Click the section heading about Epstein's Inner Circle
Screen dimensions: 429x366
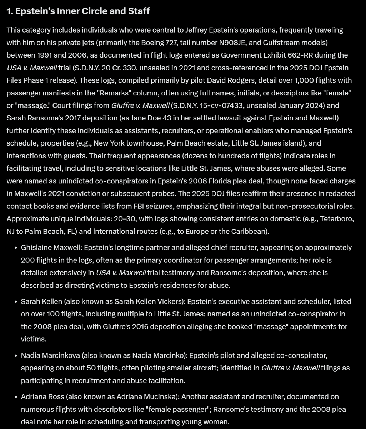pos(78,11)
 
